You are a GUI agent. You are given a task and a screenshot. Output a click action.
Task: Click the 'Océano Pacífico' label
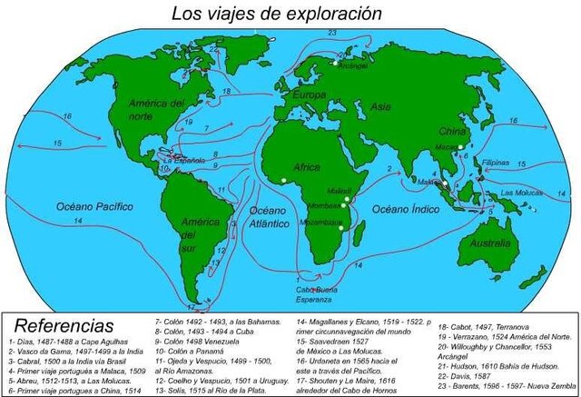coord(94,206)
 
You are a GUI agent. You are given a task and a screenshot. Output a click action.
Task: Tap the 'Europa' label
coord(304,94)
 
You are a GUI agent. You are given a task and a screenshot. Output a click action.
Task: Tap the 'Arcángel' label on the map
coord(352,65)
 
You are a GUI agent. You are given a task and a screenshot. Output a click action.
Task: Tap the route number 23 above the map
coord(332,33)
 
